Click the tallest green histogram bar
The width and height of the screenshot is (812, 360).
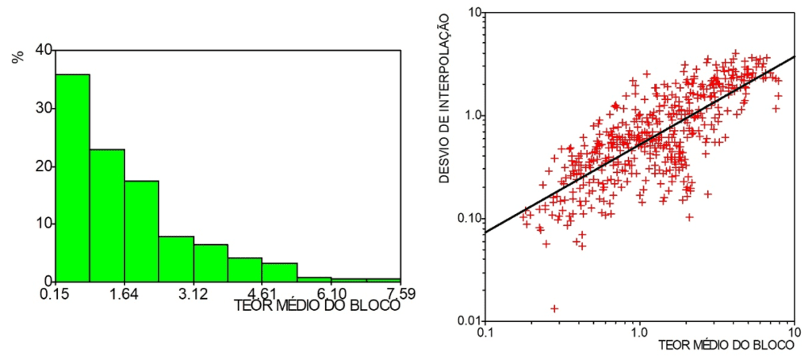pos(72,178)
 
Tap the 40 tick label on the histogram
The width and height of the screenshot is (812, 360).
pos(44,50)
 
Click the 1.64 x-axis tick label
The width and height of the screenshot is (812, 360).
pos(124,294)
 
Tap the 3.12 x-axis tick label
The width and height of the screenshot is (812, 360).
pos(193,294)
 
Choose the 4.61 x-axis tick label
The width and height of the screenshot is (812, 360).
pos(262,294)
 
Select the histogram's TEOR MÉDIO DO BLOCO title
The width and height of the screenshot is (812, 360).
pos(317,305)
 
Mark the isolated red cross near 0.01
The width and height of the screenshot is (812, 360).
pos(554,308)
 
